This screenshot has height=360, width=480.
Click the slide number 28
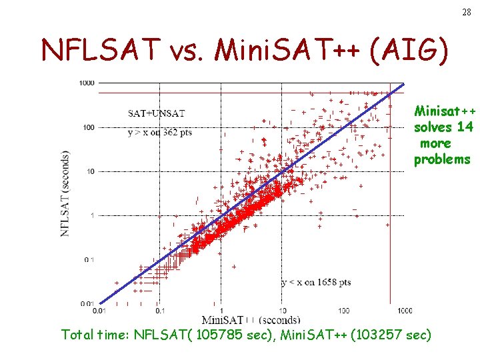[x=465, y=13]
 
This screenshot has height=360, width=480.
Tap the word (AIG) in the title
[x=419, y=49]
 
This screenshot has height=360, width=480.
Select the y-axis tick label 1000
[x=86, y=83]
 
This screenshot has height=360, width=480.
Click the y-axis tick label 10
[x=89, y=171]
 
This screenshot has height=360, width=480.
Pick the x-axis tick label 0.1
[x=160, y=310]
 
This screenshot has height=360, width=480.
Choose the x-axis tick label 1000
[x=404, y=310]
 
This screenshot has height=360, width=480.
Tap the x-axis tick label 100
[x=343, y=310]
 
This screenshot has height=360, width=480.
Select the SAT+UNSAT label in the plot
[x=157, y=113]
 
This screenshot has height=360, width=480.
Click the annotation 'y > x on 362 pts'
[x=160, y=132]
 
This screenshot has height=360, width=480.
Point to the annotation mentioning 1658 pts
[x=316, y=283]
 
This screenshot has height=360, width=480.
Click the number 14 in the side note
[x=465, y=127]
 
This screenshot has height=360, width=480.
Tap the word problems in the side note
[x=442, y=159]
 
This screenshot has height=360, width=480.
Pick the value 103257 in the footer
[x=375, y=334]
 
